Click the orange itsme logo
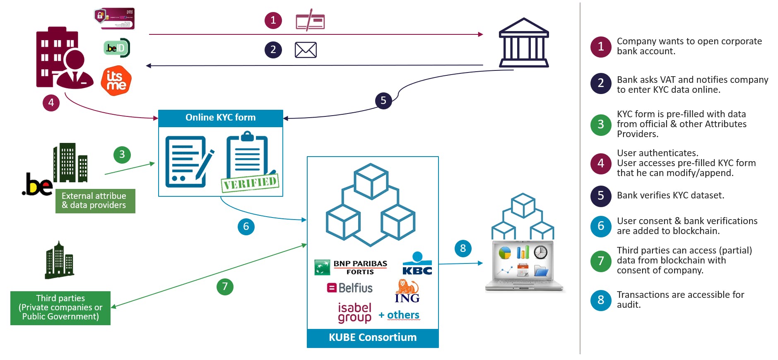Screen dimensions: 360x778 click(x=116, y=81)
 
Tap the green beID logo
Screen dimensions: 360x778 click(x=117, y=48)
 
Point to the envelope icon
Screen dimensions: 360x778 click(x=306, y=50)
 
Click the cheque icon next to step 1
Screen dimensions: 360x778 click(x=310, y=21)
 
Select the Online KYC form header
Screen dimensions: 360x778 click(x=221, y=118)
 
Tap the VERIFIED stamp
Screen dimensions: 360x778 click(x=250, y=182)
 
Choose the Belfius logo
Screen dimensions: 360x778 click(x=350, y=288)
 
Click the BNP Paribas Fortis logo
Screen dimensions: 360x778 click(x=351, y=267)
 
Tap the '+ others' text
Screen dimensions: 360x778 click(x=399, y=315)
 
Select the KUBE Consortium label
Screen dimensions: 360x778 click(x=373, y=338)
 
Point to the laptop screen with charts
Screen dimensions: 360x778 click(x=523, y=261)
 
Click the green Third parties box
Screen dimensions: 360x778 click(x=60, y=308)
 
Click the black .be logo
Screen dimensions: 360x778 click(x=37, y=184)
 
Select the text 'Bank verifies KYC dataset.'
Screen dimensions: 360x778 click(x=670, y=196)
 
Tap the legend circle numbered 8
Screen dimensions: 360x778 click(x=601, y=300)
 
